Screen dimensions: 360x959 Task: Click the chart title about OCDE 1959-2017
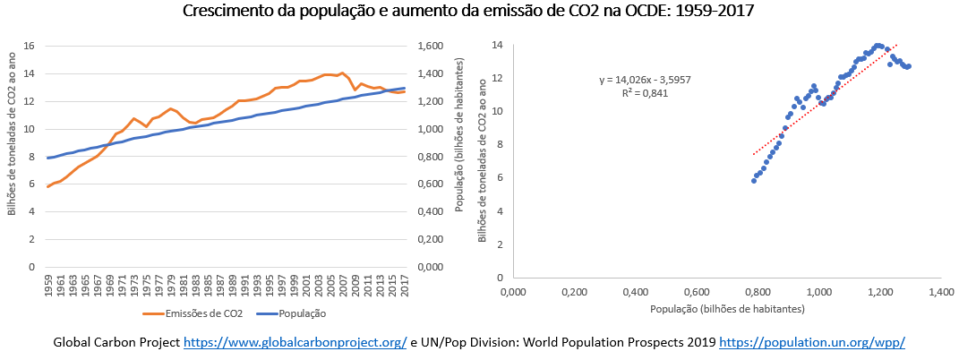tap(479, 12)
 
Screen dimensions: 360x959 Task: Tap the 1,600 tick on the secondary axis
tap(430, 46)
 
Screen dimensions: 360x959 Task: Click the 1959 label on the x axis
tap(47, 287)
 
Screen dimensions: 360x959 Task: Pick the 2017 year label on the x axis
tap(404, 287)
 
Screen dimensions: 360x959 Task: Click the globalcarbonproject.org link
tap(295, 343)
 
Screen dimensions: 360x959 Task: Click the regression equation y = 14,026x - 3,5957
tap(645, 81)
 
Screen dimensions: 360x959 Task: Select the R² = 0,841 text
tap(645, 92)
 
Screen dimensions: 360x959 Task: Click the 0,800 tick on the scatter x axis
tap(758, 292)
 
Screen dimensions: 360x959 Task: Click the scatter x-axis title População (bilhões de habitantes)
tap(727, 309)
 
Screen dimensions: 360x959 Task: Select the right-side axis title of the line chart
tap(458, 156)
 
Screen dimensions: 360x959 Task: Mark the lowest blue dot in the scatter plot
tap(754, 181)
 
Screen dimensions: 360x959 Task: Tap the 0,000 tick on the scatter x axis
tap(512, 292)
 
